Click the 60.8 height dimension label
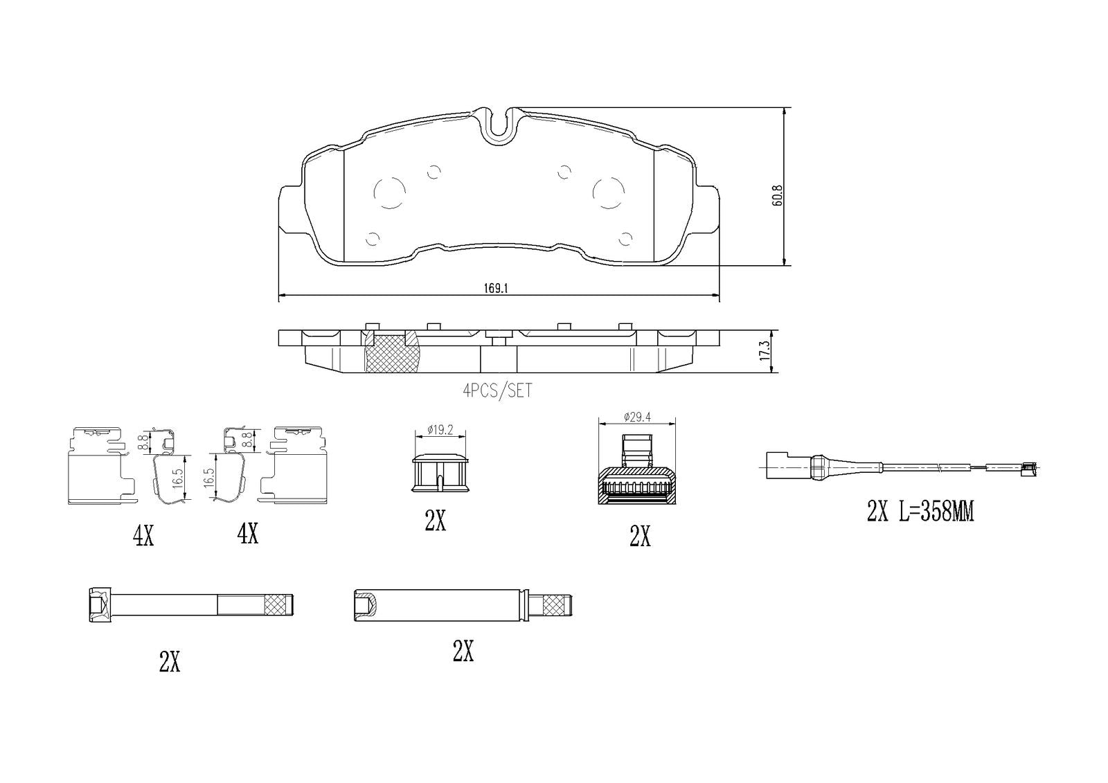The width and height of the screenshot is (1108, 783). pos(777,195)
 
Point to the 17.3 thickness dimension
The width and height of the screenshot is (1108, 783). pos(765,350)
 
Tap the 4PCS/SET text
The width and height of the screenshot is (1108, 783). pos(498,390)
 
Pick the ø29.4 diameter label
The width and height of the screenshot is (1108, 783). pos(637,417)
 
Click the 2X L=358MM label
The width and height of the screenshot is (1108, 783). pos(920,512)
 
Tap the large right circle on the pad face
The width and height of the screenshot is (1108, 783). pos(609,193)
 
